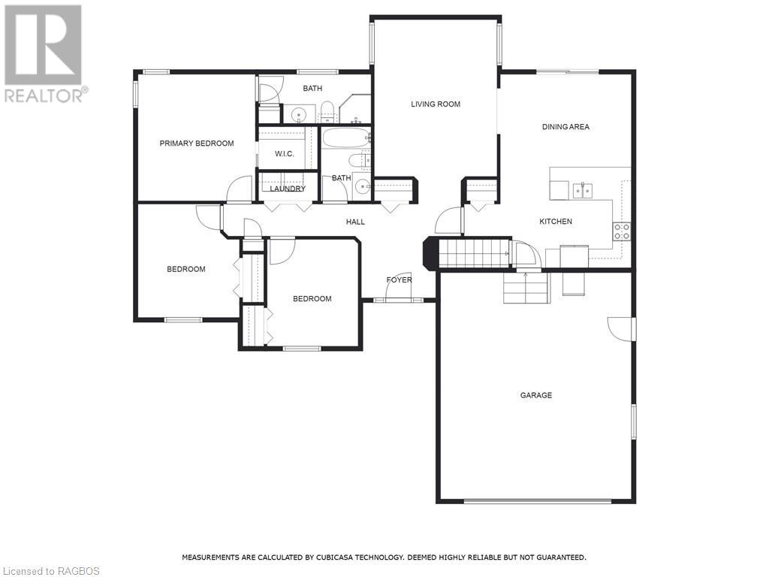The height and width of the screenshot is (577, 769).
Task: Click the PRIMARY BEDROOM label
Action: point(197,143)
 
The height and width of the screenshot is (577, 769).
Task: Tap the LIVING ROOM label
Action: point(436,104)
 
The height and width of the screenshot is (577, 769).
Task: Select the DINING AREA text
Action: point(565,126)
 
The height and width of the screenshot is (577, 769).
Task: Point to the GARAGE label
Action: point(536,395)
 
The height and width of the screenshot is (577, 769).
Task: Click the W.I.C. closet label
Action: point(285,154)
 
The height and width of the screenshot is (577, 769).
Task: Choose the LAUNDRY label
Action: point(288,189)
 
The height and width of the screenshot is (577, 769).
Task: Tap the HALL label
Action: point(355,222)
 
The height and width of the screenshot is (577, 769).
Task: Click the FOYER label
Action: point(400,279)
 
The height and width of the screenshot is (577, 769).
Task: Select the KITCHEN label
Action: point(556,222)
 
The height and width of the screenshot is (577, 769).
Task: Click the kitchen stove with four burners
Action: point(621,231)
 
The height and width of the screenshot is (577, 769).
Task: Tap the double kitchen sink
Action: point(583,190)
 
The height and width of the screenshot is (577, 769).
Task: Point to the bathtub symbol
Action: point(345,137)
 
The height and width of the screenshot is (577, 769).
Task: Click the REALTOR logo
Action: point(44,53)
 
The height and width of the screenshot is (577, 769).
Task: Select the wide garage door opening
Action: point(538,501)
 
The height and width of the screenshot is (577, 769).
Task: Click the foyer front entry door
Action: point(398,287)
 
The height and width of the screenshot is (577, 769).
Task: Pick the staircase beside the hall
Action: point(473,253)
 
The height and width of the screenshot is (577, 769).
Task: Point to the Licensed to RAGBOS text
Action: point(50,571)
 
